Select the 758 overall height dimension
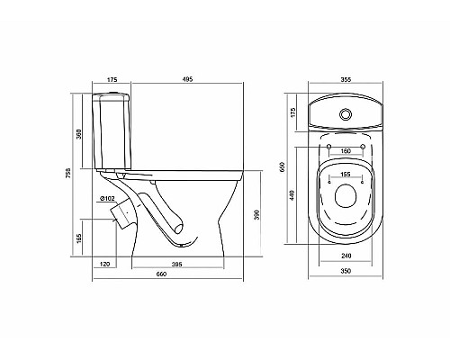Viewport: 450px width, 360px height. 68,173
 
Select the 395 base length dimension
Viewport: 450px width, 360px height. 176,265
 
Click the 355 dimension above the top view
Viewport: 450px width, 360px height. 346,80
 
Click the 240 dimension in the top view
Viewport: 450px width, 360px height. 346,255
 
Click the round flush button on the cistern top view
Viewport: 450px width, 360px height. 346,114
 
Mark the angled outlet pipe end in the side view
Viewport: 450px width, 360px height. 124,213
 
